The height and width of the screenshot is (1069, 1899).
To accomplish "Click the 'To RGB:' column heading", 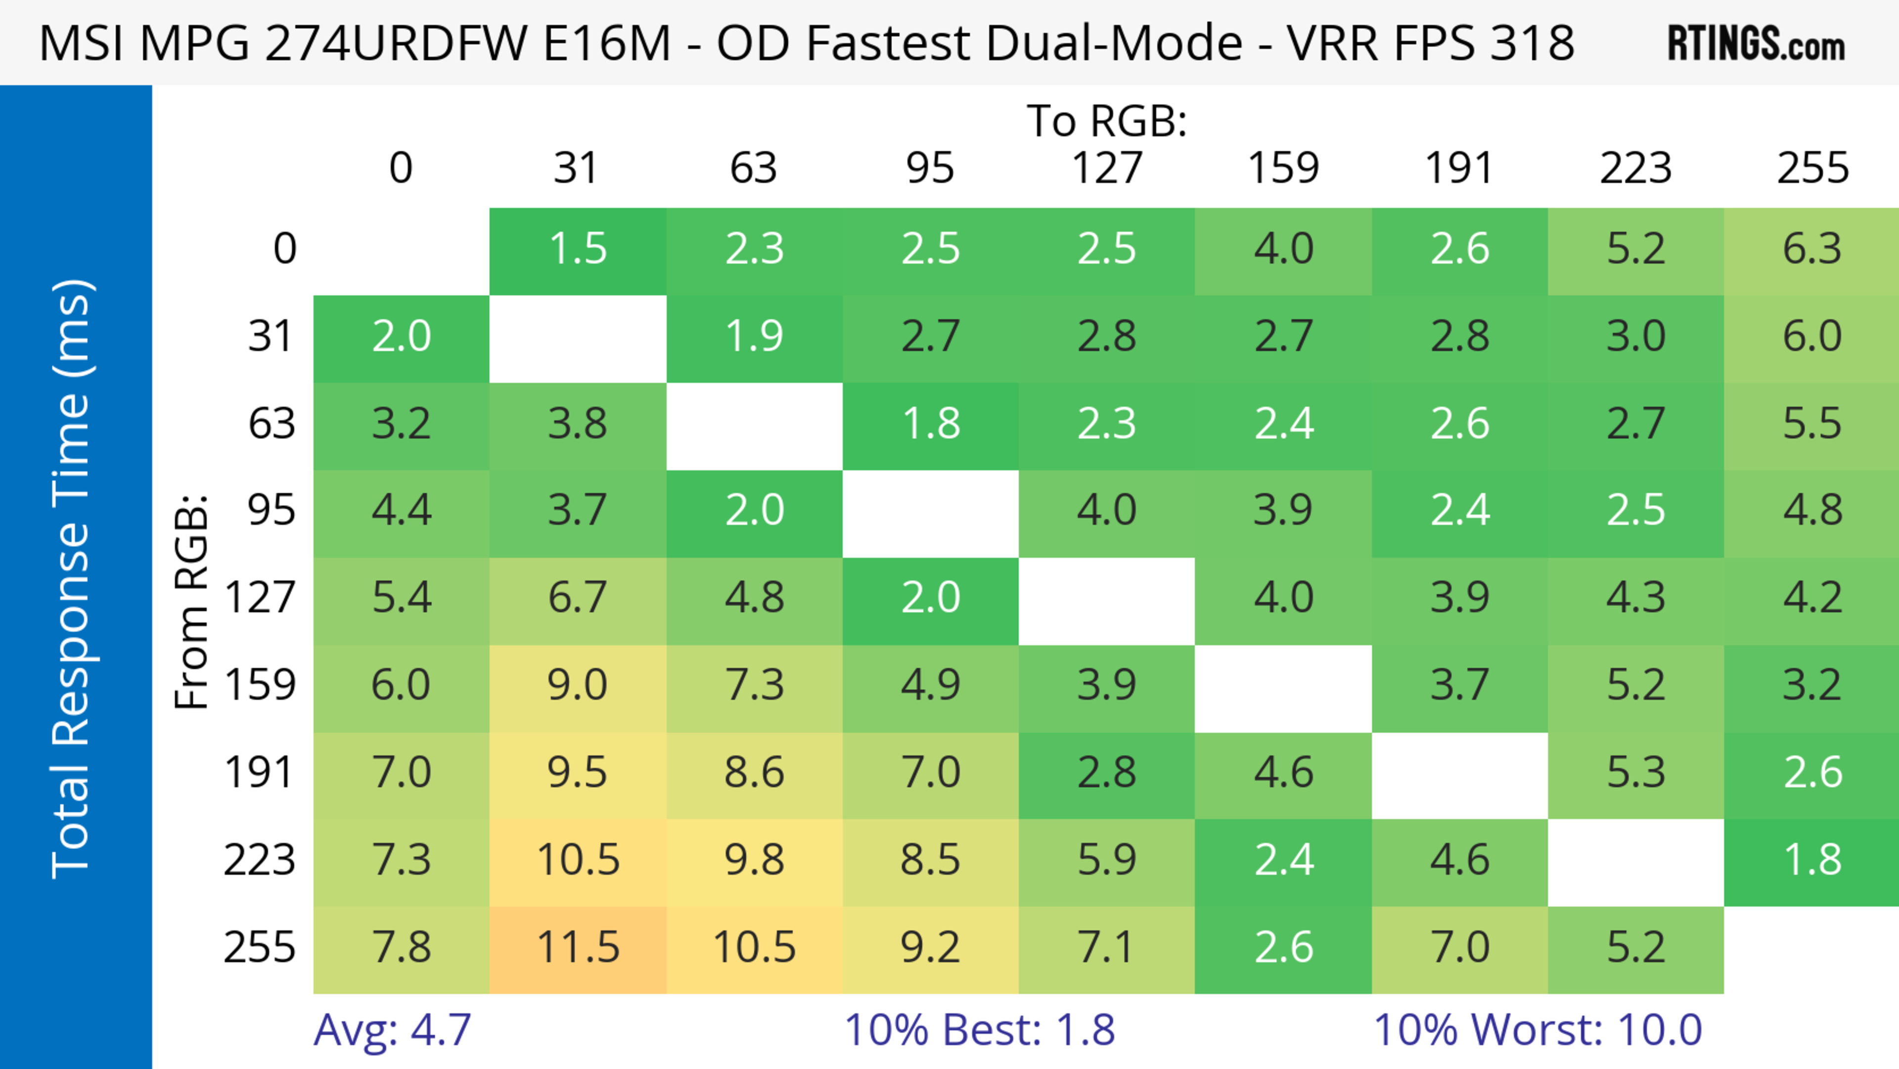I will (1107, 121).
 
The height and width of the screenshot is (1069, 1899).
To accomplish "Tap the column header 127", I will (1107, 168).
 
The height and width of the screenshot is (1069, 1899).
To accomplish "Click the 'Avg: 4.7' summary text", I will (392, 1030).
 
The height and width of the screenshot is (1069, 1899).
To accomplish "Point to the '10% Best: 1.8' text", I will (979, 1030).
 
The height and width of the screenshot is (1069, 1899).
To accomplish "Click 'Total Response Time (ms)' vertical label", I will (72, 579).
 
